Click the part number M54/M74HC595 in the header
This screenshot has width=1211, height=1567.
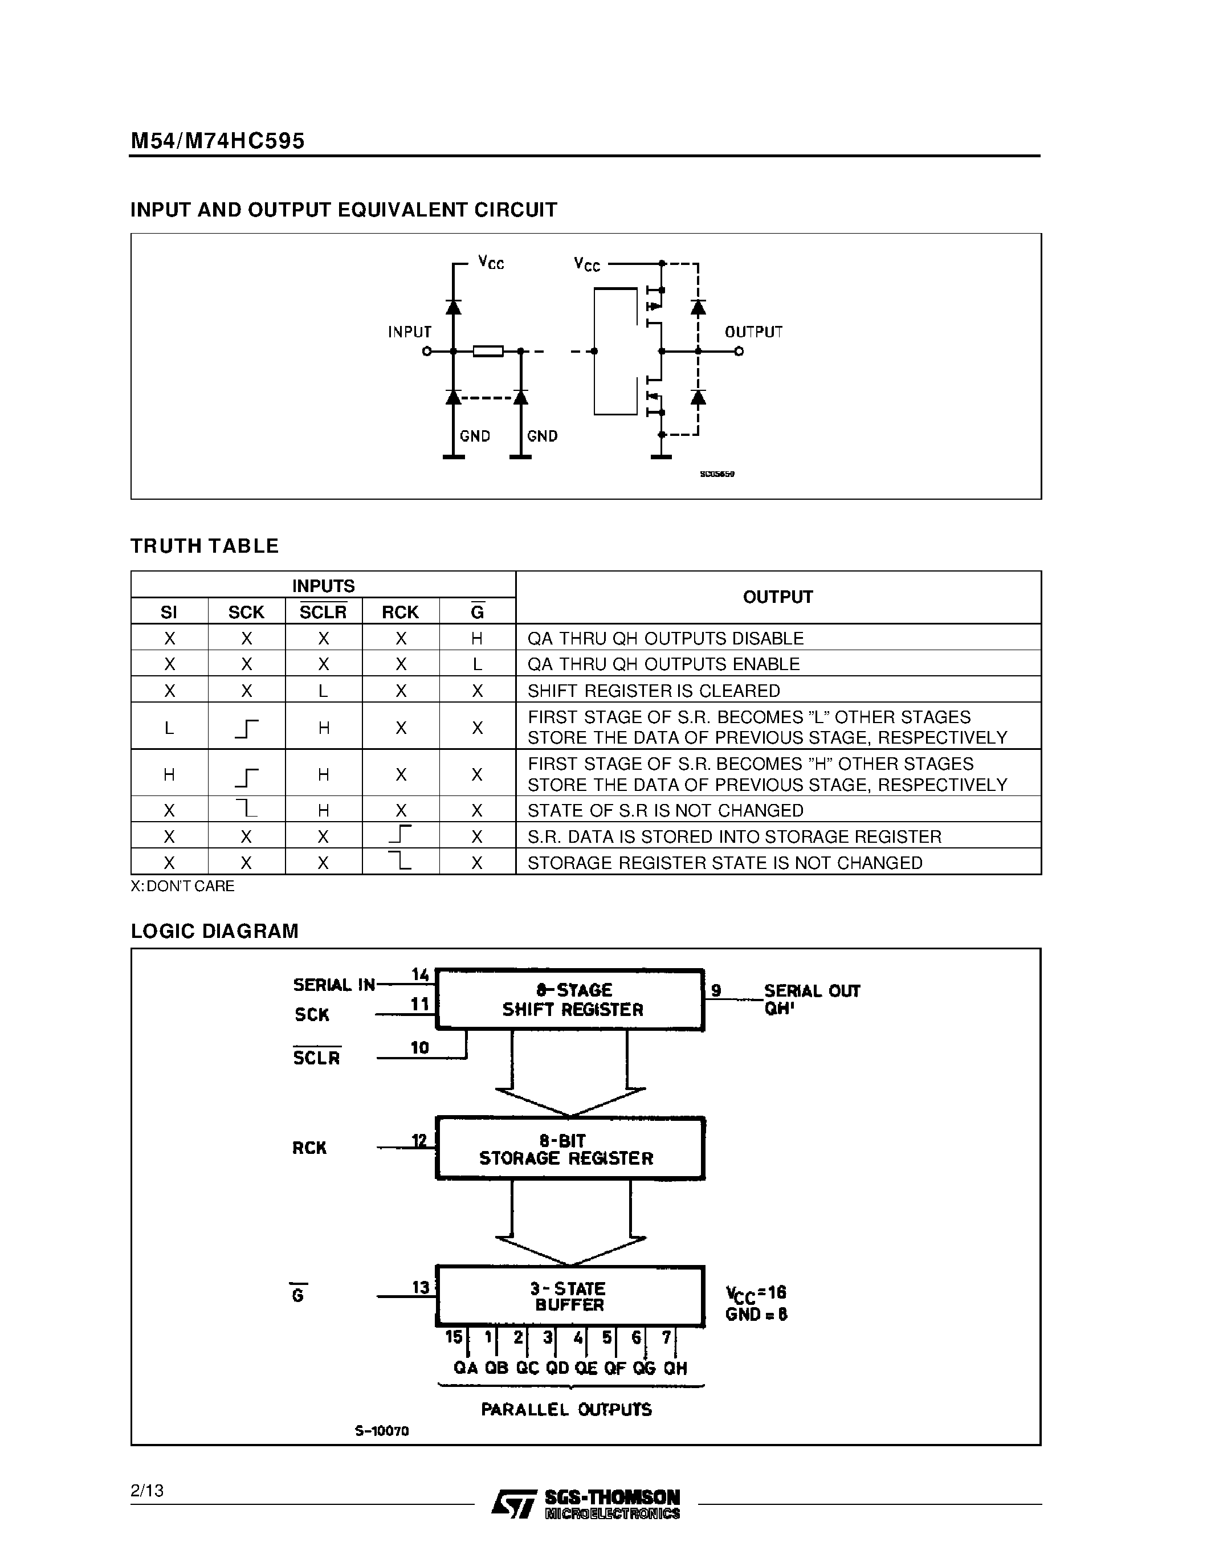pos(217,141)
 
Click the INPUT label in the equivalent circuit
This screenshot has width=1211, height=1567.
pos(410,332)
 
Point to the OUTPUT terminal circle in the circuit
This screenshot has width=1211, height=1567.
pos(739,352)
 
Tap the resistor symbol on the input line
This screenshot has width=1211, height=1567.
pos(488,351)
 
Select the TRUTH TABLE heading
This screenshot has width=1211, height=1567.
pos(205,546)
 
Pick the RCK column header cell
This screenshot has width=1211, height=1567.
pos(399,612)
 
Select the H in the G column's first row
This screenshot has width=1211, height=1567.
pos(477,638)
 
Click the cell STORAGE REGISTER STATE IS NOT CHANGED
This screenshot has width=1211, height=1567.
pos(724,863)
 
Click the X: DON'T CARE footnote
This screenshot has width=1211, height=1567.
pos(182,886)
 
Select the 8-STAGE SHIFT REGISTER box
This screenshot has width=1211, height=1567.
pos(570,1000)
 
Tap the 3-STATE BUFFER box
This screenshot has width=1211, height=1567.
pos(570,1296)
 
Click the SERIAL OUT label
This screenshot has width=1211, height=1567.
pos(812,991)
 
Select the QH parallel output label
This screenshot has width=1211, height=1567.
pos(675,1368)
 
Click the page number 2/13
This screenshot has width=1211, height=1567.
pos(147,1491)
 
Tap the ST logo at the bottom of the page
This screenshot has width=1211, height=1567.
pos(513,1503)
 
